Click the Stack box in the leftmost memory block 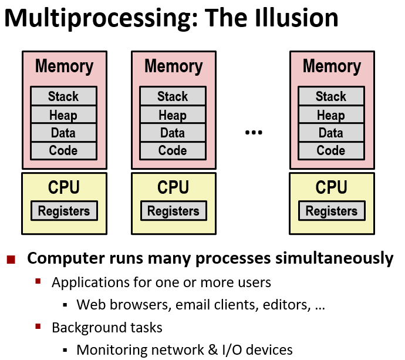pyautogui.click(x=63, y=96)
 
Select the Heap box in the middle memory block pyautogui.click(x=173, y=115)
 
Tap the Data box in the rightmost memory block pyautogui.click(x=331, y=133)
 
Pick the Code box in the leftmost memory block pyautogui.click(x=63, y=150)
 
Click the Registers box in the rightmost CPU pyautogui.click(x=332, y=211)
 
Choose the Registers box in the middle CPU pyautogui.click(x=173, y=211)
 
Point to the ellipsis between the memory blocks pyautogui.click(x=253, y=133)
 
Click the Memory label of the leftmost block pyautogui.click(x=64, y=66)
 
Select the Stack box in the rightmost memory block pyautogui.click(x=331, y=96)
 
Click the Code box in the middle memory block pyautogui.click(x=173, y=150)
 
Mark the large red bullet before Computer pyautogui.click(x=11, y=259)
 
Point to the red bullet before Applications pyautogui.click(x=38, y=282)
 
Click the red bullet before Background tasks pyautogui.click(x=38, y=327)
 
